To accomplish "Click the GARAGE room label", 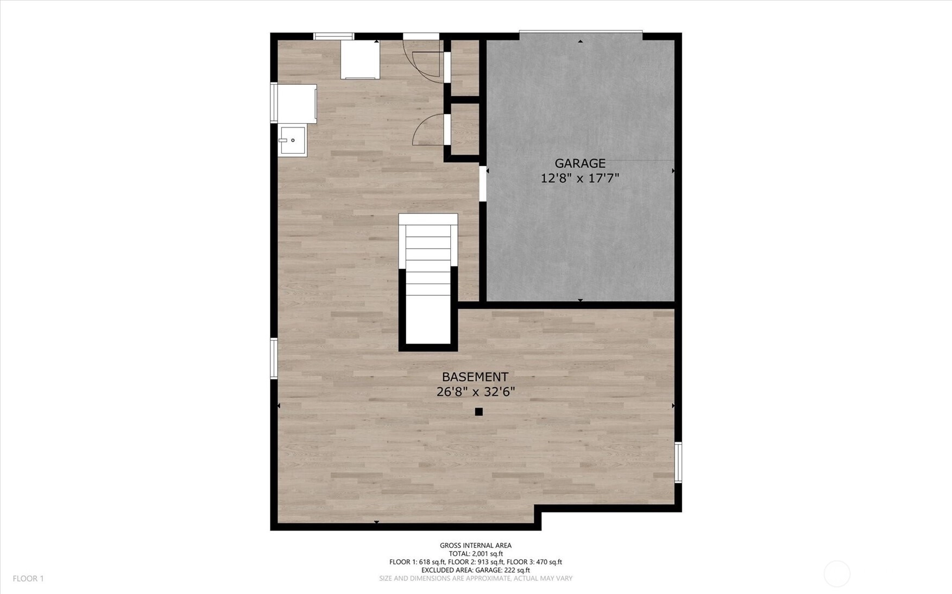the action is (x=580, y=163).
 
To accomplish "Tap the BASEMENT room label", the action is (x=475, y=377).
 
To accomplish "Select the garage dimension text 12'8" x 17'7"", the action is (x=580, y=178).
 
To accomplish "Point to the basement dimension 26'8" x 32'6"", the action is (x=476, y=391).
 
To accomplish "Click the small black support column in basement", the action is (x=478, y=412).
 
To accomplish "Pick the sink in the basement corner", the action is (x=293, y=141).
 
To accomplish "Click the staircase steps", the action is (x=428, y=279).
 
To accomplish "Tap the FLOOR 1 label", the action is (x=28, y=579).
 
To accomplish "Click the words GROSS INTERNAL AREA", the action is (x=476, y=546).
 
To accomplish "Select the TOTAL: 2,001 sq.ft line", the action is (x=476, y=554).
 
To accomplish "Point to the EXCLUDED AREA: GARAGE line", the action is (x=476, y=570).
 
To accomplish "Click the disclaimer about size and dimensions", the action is (x=476, y=578).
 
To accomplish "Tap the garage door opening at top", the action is (x=581, y=35).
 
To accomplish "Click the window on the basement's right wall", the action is (x=678, y=463).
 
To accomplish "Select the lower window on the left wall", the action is (x=274, y=358).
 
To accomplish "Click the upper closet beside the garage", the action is (x=465, y=67).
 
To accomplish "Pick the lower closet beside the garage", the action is (x=465, y=129).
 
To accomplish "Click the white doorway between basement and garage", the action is (x=483, y=184).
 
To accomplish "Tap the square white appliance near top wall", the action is (x=360, y=60).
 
